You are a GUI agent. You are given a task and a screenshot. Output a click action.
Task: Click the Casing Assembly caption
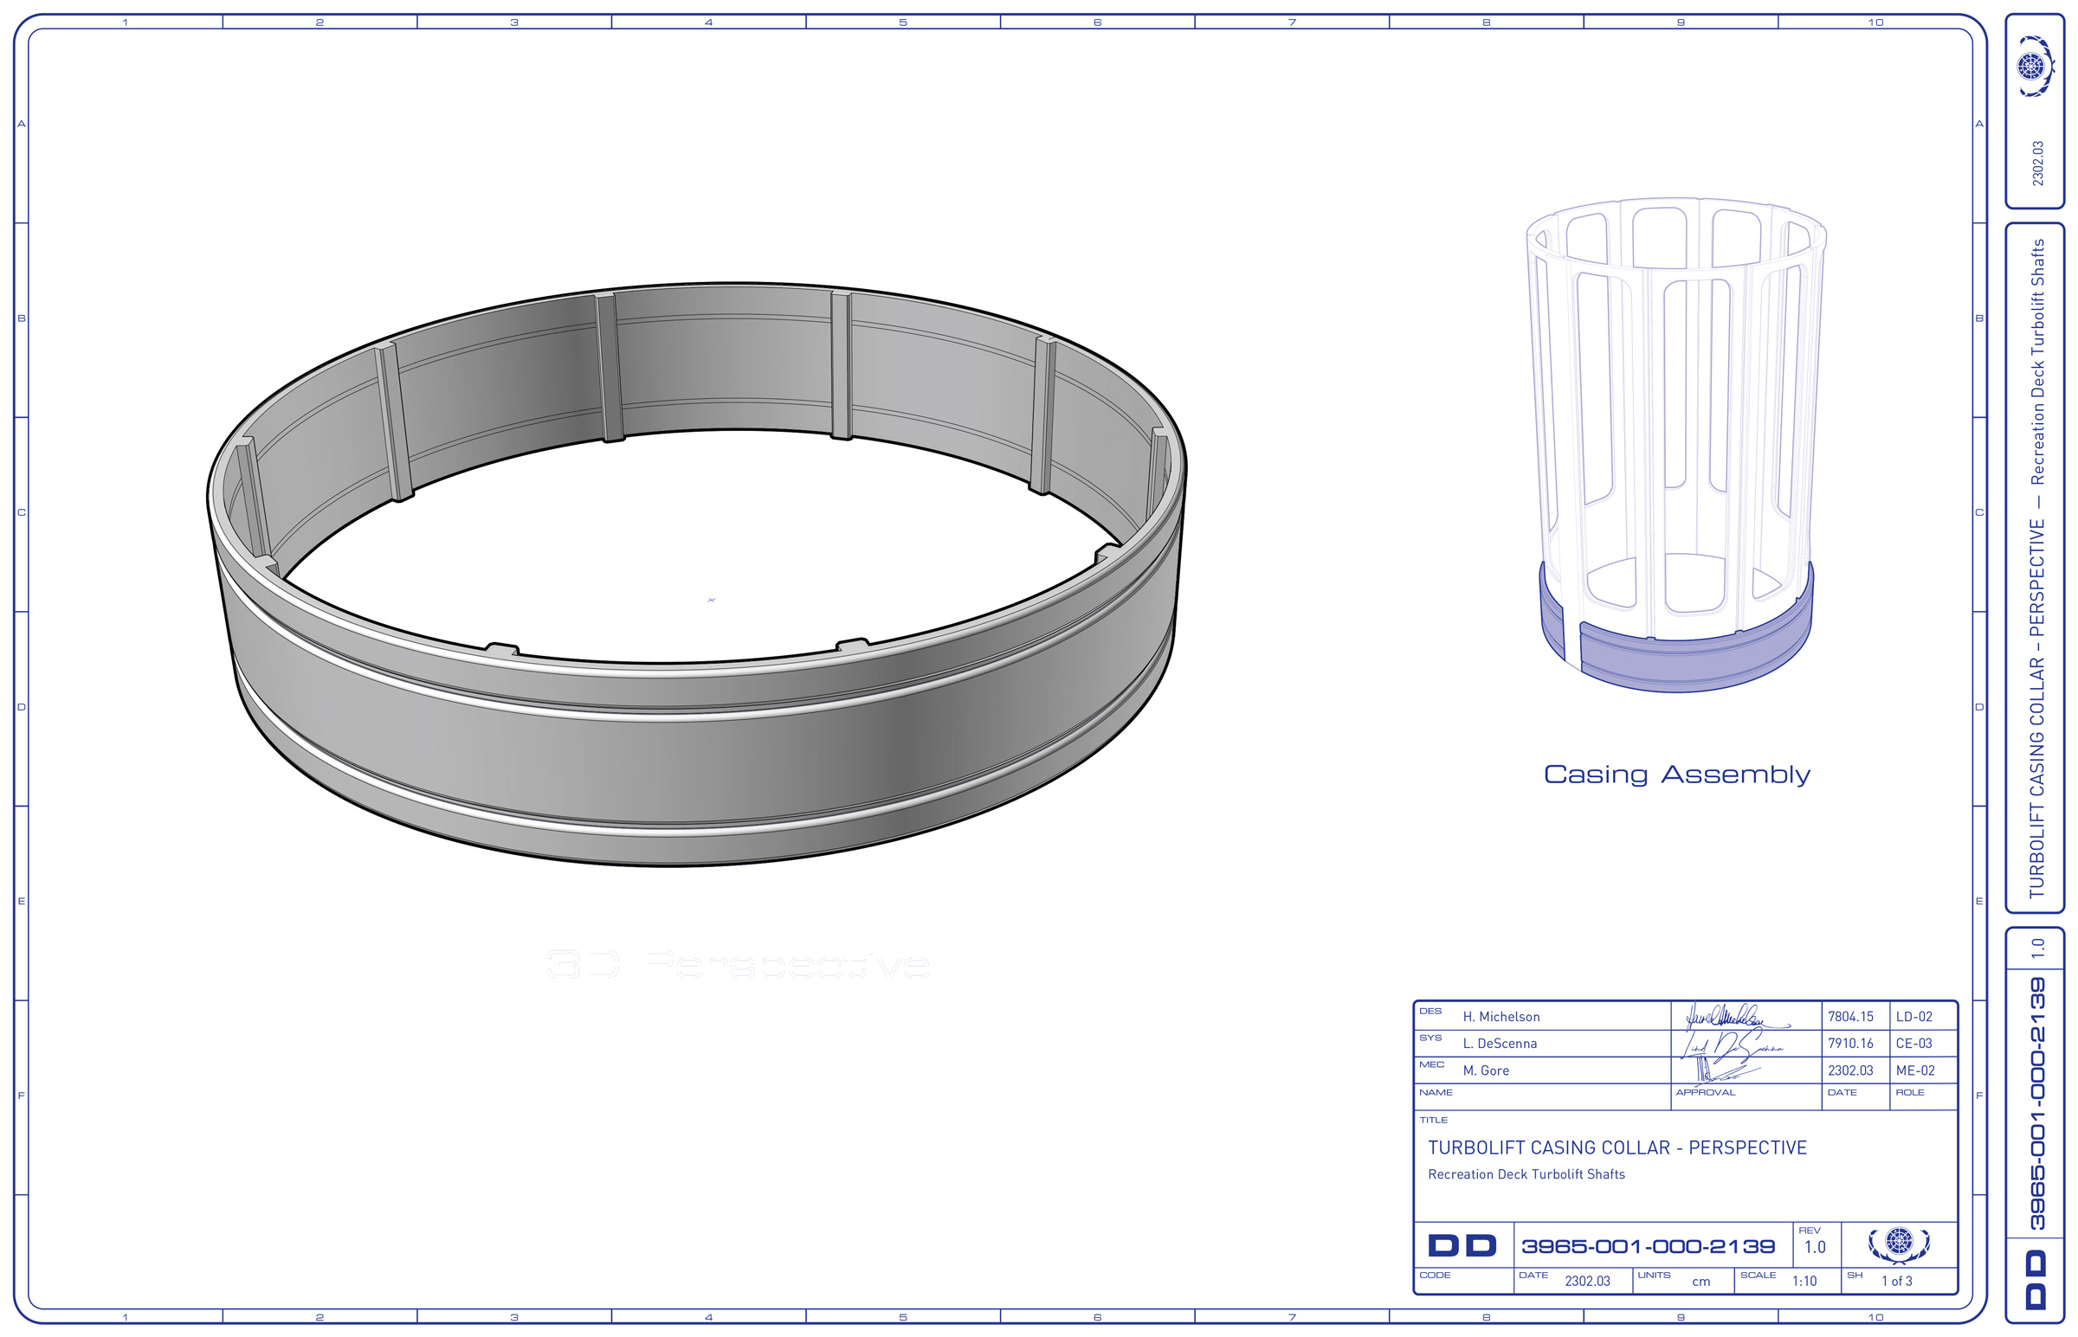[1676, 775]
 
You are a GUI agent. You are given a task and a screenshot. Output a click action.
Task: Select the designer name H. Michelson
[1500, 1017]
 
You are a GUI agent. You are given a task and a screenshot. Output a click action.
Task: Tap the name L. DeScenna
[1499, 1044]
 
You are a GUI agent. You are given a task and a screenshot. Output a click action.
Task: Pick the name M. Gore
[1485, 1070]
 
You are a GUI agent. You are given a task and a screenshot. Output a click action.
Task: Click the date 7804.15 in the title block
[1849, 1017]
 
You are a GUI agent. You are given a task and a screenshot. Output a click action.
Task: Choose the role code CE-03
[1913, 1044]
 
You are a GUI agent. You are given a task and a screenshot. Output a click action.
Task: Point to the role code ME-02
[1914, 1070]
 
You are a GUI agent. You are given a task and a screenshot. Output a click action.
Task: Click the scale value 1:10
[1804, 1282]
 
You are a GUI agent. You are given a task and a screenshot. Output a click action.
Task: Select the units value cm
[1700, 1282]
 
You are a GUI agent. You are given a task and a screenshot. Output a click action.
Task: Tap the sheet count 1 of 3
[1896, 1282]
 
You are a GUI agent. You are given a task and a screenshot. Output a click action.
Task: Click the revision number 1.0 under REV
[1814, 1248]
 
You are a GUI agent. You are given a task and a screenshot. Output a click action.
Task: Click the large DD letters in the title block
[1462, 1247]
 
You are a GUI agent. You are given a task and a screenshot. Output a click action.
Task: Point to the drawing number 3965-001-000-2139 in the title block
[1648, 1247]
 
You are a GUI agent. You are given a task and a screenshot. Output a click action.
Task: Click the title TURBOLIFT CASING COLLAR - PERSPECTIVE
[1617, 1147]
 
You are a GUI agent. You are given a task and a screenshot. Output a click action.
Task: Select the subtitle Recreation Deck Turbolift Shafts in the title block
[1526, 1174]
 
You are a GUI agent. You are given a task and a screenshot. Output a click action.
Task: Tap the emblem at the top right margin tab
[2034, 66]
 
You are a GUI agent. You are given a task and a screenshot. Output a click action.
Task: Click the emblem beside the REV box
[1898, 1244]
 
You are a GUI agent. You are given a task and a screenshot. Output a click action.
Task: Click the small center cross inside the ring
[711, 600]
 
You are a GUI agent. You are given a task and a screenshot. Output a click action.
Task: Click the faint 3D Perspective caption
[738, 965]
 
